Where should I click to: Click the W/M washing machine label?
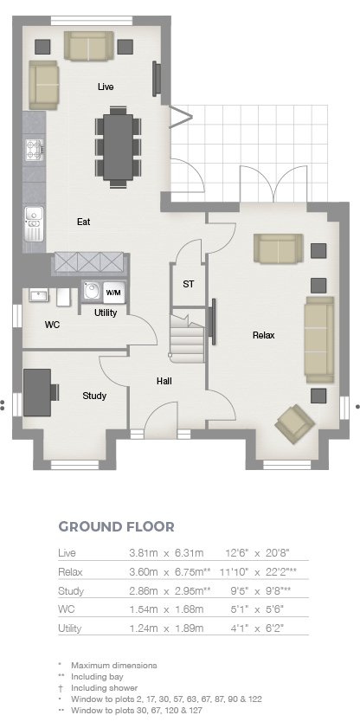pos(113,293)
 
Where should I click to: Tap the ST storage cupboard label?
pos(189,284)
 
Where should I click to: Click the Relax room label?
pos(263,335)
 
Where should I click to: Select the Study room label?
pos(94,396)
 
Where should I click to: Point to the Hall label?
pos(164,381)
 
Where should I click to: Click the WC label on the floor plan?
pos(52,325)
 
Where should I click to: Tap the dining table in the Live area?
pos(118,146)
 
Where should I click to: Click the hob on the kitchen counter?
pos(35,151)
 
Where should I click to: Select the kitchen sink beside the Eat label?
pos(34,223)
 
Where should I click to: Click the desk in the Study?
pos(37,392)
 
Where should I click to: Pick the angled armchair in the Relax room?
pos(294,423)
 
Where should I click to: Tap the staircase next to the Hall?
pos(187,338)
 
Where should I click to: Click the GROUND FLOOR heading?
pos(117,526)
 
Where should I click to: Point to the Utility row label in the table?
pos(69,628)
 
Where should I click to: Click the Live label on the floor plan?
pos(106,87)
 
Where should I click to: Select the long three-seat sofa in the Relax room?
pos(319,339)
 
